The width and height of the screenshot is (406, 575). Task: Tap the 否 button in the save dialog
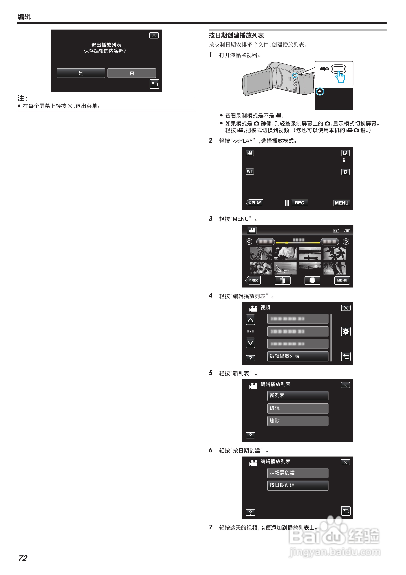132,73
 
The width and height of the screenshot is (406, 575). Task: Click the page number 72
23,558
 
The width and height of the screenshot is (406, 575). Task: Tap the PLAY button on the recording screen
254,203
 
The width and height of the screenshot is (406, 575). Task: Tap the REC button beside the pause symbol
299,203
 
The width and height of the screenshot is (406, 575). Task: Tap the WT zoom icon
250,172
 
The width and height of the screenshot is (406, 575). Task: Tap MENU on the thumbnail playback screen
342,280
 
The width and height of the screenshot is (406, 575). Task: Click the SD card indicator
336,231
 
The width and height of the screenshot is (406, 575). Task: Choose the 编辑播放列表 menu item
298,356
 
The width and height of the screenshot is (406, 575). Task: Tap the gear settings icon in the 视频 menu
346,332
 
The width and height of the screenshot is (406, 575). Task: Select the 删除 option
298,421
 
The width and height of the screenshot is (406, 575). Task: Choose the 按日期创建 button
298,485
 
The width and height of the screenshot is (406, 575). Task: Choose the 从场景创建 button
298,473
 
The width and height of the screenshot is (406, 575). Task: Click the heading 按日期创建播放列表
236,35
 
